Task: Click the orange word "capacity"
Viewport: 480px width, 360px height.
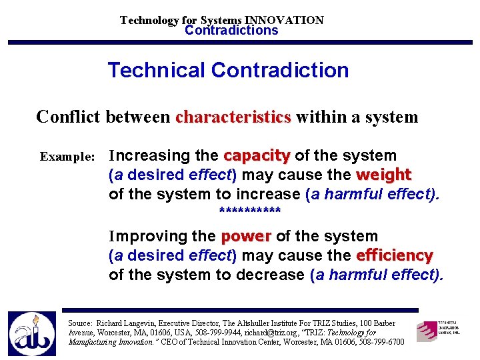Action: [257, 156]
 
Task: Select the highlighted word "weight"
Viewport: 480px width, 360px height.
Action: [383, 175]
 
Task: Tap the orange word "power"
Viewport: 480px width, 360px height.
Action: [245, 237]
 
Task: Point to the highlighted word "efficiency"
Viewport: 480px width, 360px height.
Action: [395, 256]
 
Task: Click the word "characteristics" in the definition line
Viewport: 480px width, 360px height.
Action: [233, 118]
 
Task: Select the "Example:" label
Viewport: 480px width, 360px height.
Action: [68, 157]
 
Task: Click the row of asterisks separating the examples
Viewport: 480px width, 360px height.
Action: [250, 213]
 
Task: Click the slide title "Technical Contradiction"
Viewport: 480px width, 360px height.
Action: [228, 71]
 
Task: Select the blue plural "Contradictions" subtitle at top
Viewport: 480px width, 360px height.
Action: [231, 31]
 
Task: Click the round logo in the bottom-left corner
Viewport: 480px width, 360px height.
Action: [31, 334]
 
